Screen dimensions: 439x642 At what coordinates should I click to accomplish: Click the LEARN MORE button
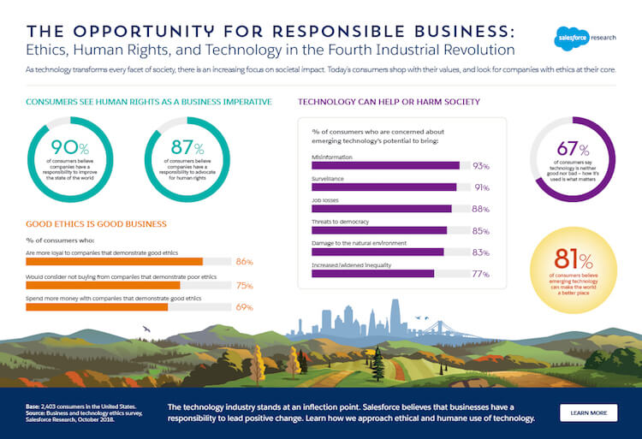click(x=588, y=412)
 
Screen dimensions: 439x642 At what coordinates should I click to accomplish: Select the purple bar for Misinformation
click(x=385, y=165)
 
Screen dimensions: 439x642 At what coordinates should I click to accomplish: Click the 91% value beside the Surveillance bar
click(x=481, y=187)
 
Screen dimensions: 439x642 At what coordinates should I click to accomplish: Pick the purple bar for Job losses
click(x=381, y=209)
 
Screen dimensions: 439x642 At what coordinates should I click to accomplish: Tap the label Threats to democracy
click(x=341, y=222)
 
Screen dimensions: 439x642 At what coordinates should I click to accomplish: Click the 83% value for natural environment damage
click(x=480, y=252)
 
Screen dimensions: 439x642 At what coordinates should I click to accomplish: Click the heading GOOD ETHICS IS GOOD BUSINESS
click(x=96, y=224)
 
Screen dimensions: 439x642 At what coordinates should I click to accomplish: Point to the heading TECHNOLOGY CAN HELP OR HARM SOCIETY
click(x=389, y=102)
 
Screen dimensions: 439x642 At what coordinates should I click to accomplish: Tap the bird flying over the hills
click(x=146, y=329)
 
